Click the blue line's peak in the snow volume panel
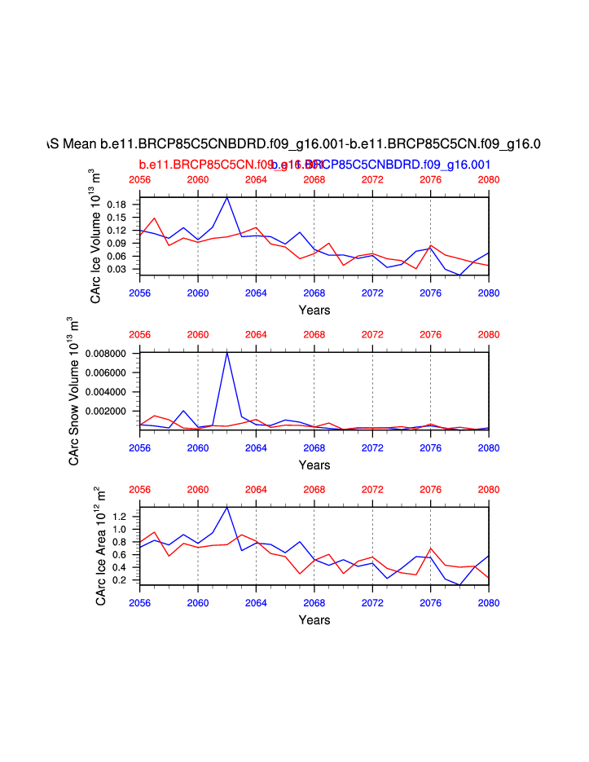click(227, 352)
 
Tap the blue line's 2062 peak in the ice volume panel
click(227, 198)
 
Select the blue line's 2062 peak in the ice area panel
click(227, 508)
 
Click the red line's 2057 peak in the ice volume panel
click(155, 218)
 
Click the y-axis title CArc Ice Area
click(100, 545)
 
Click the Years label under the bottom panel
click(314, 620)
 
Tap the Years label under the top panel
click(314, 311)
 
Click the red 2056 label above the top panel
click(140, 180)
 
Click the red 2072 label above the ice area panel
click(372, 490)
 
